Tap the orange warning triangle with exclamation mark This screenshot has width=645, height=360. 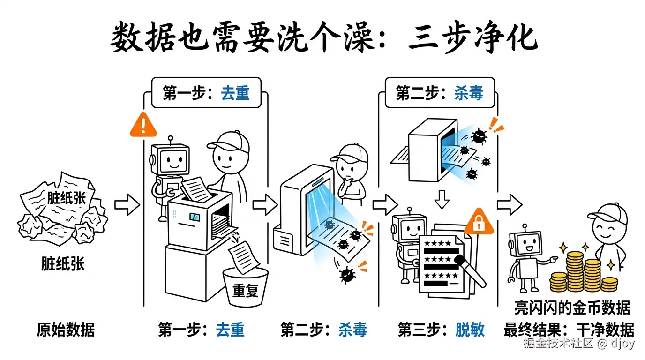[143, 125]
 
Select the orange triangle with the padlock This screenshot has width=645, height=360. [479, 223]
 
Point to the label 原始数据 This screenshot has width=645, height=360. [66, 330]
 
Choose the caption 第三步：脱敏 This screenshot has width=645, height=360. [441, 330]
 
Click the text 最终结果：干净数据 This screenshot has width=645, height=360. [569, 330]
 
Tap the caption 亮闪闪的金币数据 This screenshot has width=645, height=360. [572, 308]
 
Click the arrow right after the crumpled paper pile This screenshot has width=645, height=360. [127, 205]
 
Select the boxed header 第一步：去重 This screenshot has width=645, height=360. [206, 93]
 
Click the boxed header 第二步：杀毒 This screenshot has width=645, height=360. [439, 93]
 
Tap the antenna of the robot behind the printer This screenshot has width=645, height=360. [171, 139]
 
